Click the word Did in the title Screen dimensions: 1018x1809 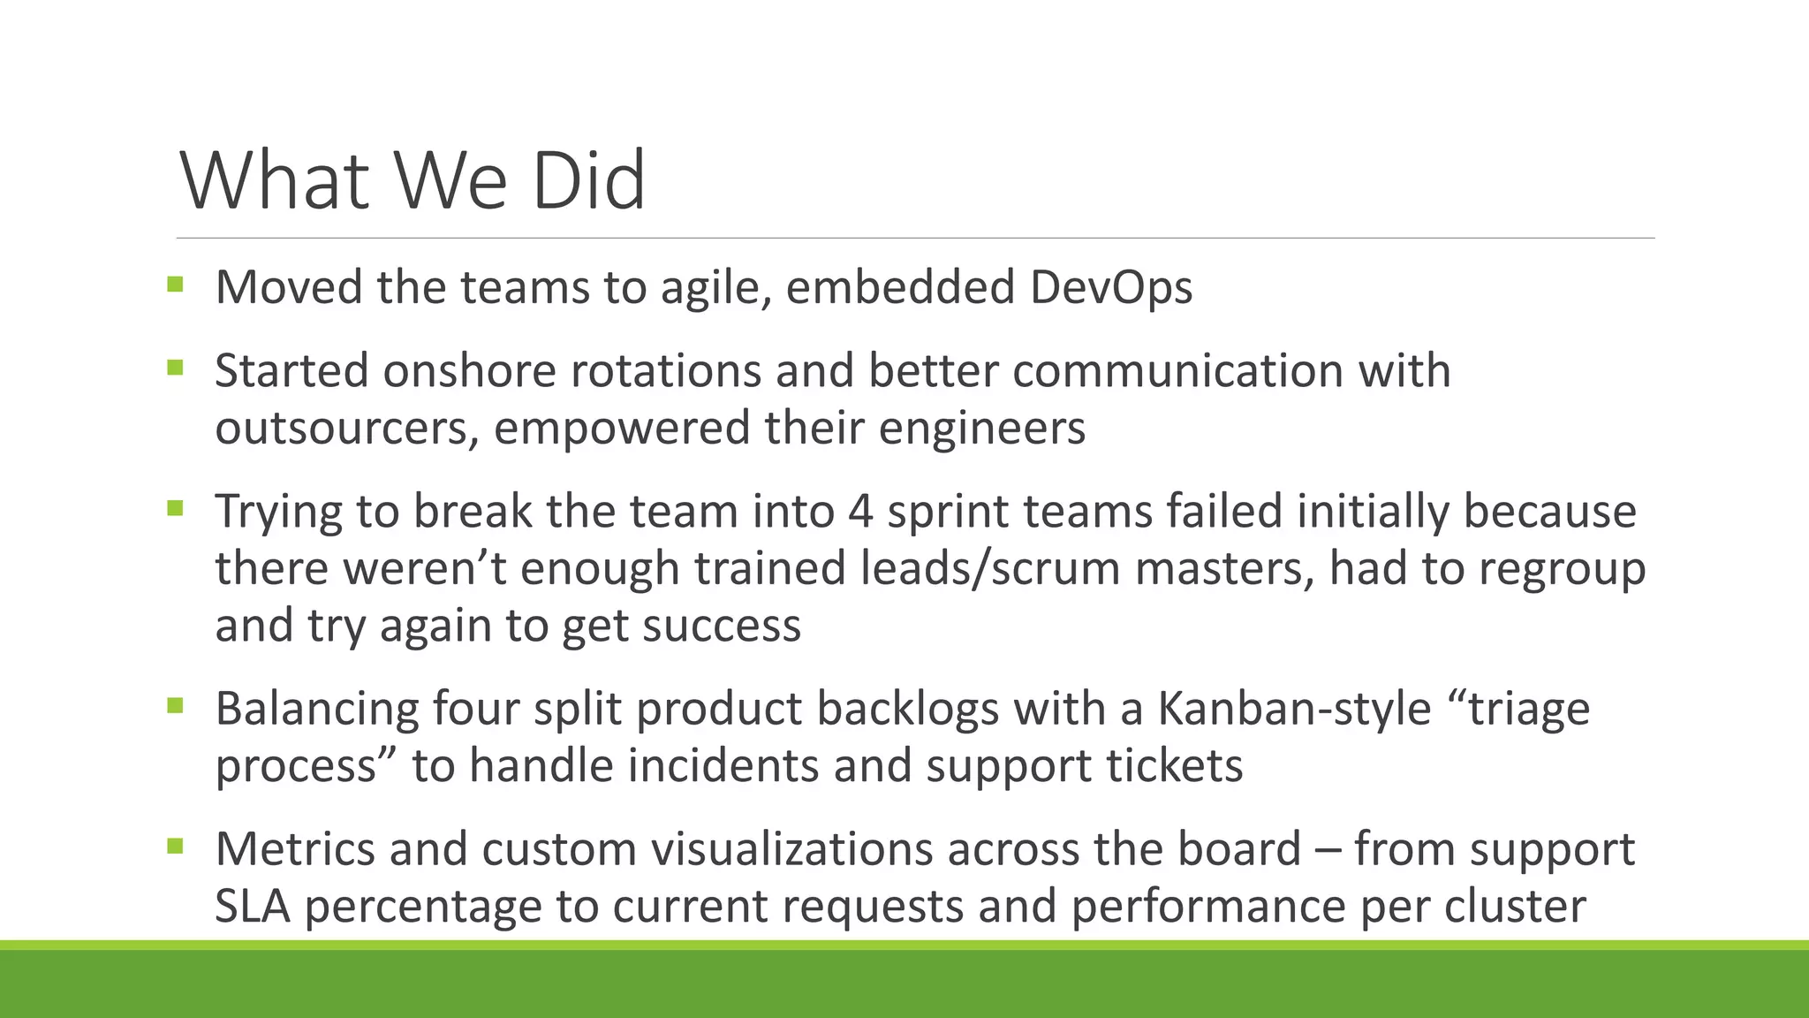point(588,181)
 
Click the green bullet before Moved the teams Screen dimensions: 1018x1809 point(175,285)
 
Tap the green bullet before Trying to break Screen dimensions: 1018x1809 point(175,508)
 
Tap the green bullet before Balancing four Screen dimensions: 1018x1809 point(175,705)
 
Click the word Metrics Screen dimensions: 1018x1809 point(295,849)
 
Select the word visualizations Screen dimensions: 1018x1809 point(792,849)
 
